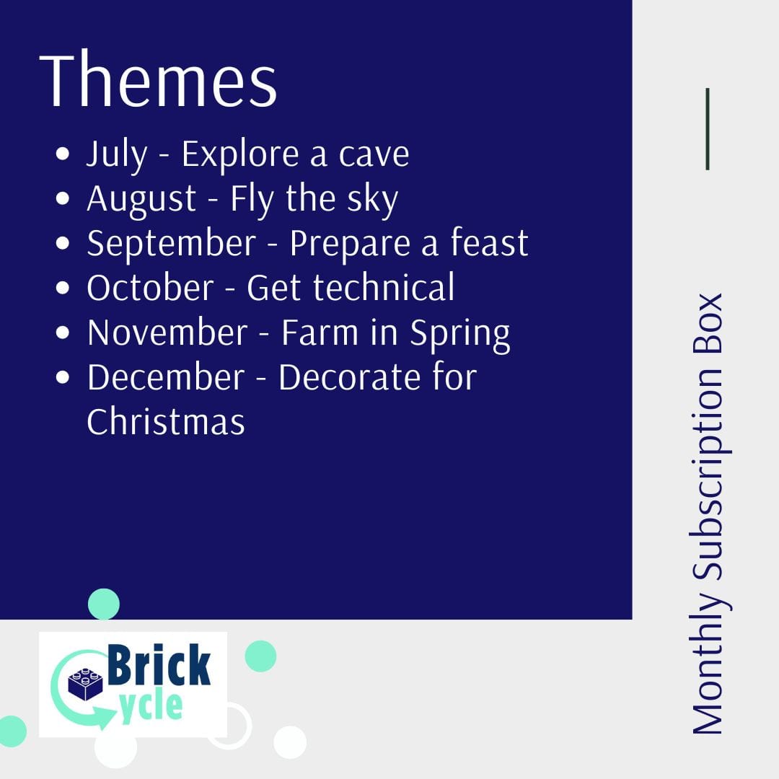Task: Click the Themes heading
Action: tap(158, 79)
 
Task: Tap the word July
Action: tap(118, 155)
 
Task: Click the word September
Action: tap(172, 245)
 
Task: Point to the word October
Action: tap(150, 287)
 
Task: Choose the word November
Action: tap(167, 332)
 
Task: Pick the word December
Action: tap(166, 377)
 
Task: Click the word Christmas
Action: tap(166, 421)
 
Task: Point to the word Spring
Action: tap(460, 334)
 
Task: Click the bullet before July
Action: tap(63, 154)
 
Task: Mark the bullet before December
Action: tap(63, 377)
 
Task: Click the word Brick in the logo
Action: tap(159, 665)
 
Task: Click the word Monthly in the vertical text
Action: tap(708, 661)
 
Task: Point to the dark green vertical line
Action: tap(708, 129)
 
